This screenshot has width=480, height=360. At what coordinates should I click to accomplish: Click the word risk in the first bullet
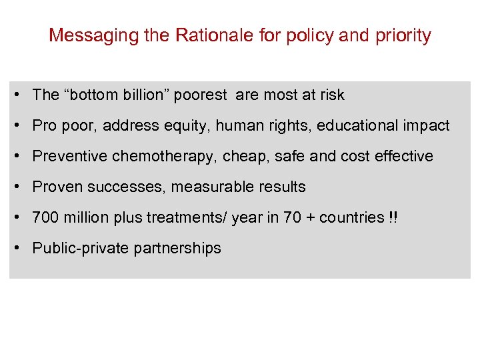[332, 95]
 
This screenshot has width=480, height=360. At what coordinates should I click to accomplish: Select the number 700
[45, 218]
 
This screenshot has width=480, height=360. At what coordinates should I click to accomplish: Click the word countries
[352, 218]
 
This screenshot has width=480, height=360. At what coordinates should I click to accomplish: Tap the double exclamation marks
[393, 218]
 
